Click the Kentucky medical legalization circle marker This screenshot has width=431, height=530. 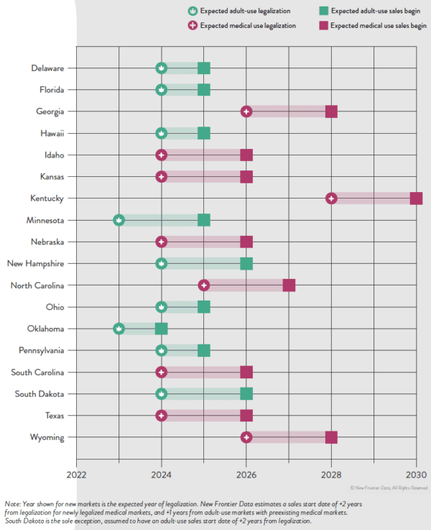coord(331,198)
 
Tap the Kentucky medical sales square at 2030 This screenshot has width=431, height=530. coord(416,198)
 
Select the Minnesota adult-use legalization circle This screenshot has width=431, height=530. coord(119,220)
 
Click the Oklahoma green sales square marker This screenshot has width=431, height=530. coord(161,329)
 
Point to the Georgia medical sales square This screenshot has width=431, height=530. coord(331,111)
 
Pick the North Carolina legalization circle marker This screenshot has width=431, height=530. coord(204,285)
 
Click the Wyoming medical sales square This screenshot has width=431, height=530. coord(331,437)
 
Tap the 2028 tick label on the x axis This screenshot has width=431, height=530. coord(331,475)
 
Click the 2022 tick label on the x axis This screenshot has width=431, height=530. coord(76,475)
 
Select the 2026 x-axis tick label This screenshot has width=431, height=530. coord(246,475)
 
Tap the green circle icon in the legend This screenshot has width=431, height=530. coord(192,11)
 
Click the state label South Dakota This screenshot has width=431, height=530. coord(42,394)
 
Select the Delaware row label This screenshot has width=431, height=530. coord(47,68)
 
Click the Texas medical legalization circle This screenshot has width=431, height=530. coord(161,416)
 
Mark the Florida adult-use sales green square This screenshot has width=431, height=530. coord(204,90)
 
